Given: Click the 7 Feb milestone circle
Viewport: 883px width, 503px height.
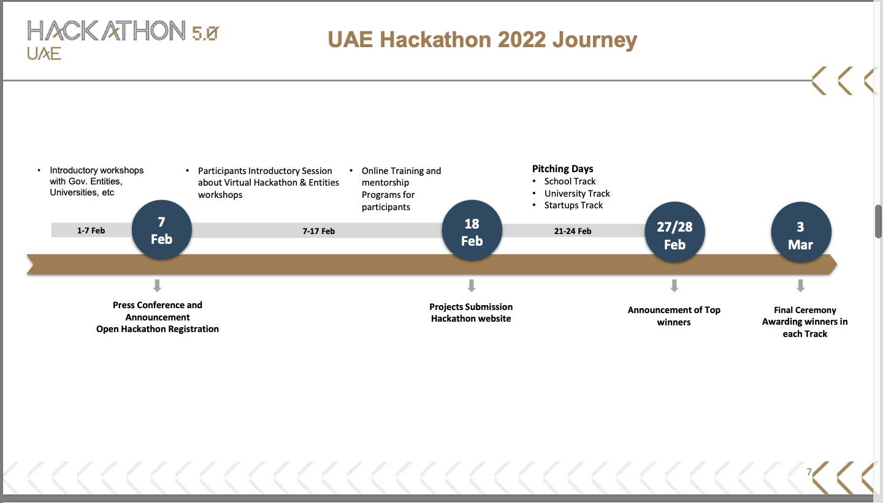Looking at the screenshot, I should coord(162,230).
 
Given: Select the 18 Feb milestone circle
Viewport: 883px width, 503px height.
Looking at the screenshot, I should coord(472,232).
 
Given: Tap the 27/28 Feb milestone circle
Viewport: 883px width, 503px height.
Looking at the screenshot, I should coord(675,235).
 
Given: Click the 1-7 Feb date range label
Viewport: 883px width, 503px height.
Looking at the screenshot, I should coord(91,231).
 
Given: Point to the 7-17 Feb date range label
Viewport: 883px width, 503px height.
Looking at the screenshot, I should coord(319,231).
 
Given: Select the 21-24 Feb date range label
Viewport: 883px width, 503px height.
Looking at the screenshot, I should coord(573,231).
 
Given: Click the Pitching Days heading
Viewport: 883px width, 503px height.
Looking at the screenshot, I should coord(562,169).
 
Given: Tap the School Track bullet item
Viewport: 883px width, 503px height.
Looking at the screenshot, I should coord(570,181).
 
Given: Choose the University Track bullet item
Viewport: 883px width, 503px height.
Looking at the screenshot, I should coord(577,194).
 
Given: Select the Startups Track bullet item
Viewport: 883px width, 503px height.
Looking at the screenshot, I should coord(573,205).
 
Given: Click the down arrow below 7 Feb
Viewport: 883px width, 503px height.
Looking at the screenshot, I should coord(157,286).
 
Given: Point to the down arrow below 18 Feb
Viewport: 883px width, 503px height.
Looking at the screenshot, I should coord(471,286).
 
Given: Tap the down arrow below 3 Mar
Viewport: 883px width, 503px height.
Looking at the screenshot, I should coord(800,286).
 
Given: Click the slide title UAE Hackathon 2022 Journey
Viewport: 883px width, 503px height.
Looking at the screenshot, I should coord(483,40).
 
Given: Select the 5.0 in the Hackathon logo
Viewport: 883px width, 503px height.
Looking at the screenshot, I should coord(205,34).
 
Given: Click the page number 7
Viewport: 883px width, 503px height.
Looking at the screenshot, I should coord(809,472).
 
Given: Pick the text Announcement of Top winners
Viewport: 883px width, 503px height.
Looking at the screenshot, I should coord(674,316).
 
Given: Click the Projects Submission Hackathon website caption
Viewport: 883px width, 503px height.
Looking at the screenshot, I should coord(471,312).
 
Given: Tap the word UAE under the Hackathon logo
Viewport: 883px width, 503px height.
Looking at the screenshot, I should coord(44,54).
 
